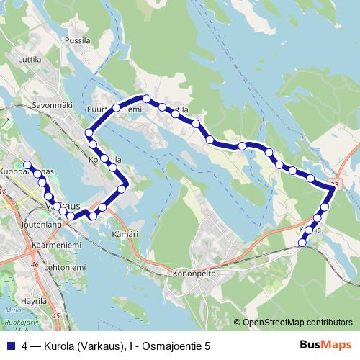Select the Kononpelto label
pyautogui.click(x=194, y=274)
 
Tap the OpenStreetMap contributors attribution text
pyautogui.click(x=298, y=323)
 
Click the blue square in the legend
pyautogui.click(x=9, y=346)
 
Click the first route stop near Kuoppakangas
pyautogui.click(x=27, y=164)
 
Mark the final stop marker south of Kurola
pyautogui.click(x=302, y=243)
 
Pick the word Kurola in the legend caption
pyautogui.click(x=62, y=346)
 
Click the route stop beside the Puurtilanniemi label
pyautogui.click(x=117, y=108)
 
